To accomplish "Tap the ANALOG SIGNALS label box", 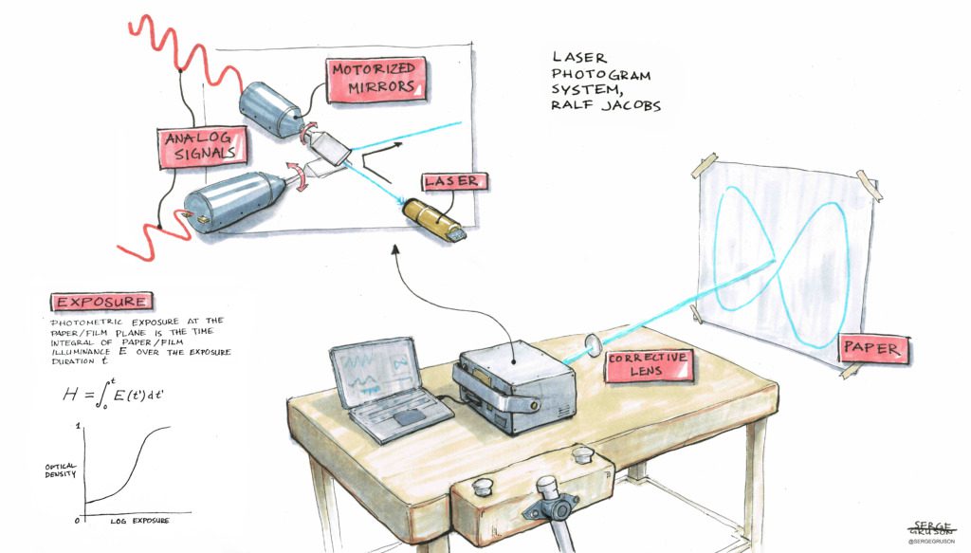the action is [x=203, y=147].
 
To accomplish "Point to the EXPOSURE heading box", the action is [x=101, y=302].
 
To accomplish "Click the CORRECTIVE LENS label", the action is [x=649, y=365].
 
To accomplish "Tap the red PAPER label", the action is [x=870, y=349].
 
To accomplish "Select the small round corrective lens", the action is [x=595, y=345].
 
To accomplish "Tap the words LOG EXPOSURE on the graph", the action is [x=140, y=521].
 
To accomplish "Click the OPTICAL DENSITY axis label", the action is [x=60, y=470].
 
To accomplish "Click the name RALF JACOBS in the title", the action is [x=606, y=104].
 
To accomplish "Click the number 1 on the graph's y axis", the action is [x=78, y=427].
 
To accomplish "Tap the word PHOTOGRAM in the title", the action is [x=601, y=75].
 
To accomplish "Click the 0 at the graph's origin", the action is [x=77, y=520].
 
